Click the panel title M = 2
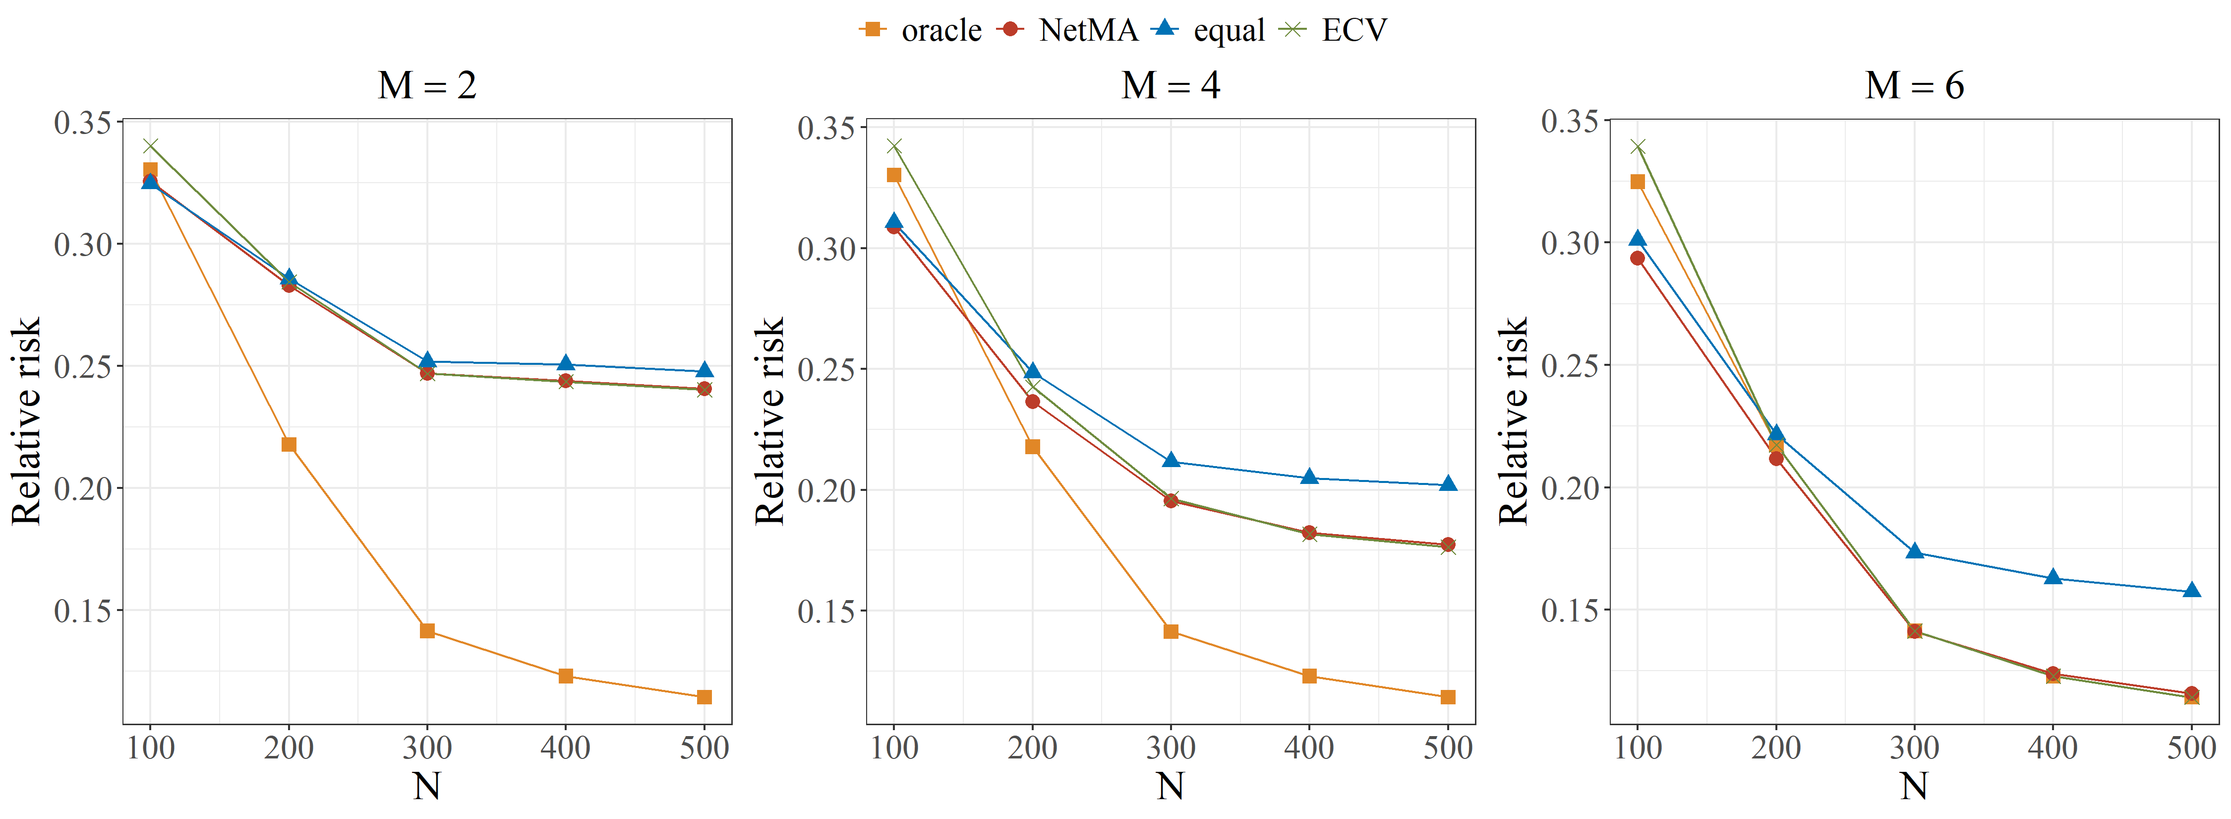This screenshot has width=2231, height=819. [427, 85]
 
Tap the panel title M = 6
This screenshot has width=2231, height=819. [1914, 85]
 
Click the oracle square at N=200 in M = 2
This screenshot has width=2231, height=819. [289, 445]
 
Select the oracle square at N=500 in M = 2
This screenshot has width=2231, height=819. [704, 697]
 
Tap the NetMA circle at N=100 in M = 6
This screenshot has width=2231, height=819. [1637, 258]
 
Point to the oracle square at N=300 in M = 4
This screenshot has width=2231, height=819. [1171, 632]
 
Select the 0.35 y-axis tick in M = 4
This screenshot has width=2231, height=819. [827, 128]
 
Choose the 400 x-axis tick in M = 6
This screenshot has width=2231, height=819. [2053, 747]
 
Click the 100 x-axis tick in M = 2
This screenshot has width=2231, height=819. [151, 747]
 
